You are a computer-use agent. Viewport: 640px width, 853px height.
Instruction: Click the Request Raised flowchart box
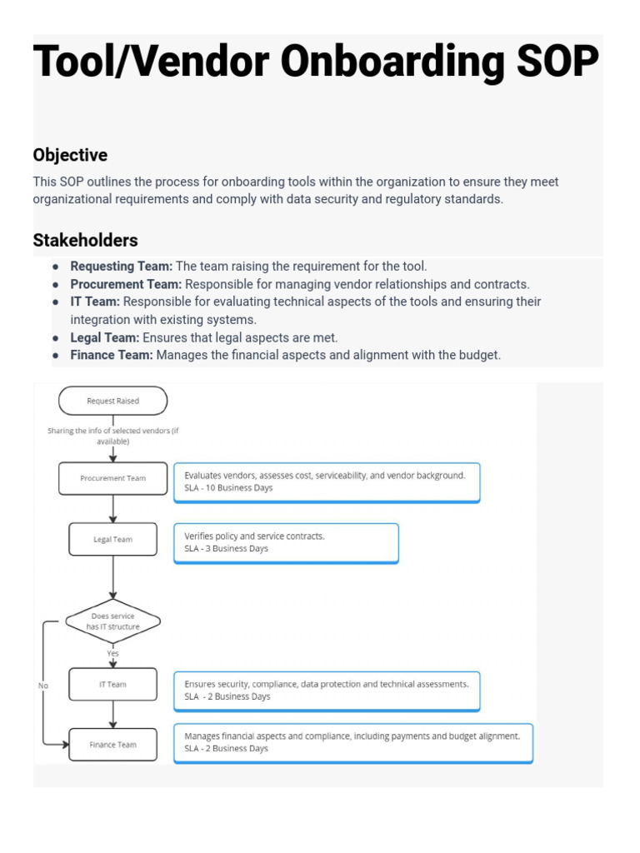pos(112,401)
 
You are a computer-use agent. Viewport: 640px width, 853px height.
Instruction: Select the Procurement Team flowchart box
pos(112,478)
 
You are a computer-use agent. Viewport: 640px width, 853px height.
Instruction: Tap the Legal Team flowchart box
pos(112,539)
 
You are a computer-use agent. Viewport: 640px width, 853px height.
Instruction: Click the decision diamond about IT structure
pos(112,621)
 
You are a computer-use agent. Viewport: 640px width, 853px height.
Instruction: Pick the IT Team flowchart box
pos(112,684)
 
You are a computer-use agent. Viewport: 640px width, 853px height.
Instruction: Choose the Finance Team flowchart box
pos(112,744)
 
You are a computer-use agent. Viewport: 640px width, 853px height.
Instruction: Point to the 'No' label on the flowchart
pos(43,686)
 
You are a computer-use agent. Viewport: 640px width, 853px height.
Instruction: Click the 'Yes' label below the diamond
pos(112,654)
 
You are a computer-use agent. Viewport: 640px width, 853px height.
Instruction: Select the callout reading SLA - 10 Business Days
pos(326,481)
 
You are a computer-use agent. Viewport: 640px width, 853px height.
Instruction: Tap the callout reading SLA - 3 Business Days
pos(285,542)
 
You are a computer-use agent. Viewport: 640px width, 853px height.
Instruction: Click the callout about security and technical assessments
pos(326,690)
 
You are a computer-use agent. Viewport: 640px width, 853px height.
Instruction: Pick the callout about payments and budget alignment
pos(352,742)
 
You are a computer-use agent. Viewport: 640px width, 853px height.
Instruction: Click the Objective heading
pos(70,155)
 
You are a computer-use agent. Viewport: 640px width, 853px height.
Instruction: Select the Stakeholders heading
pos(85,241)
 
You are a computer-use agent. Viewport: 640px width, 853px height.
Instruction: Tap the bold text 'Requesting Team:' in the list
pos(121,267)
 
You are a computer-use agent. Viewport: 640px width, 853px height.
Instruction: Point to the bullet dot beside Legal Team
pos(55,338)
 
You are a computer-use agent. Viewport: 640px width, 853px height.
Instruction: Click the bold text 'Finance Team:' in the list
pos(111,355)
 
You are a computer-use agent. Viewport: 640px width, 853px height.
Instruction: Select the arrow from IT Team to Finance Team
pos(112,714)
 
